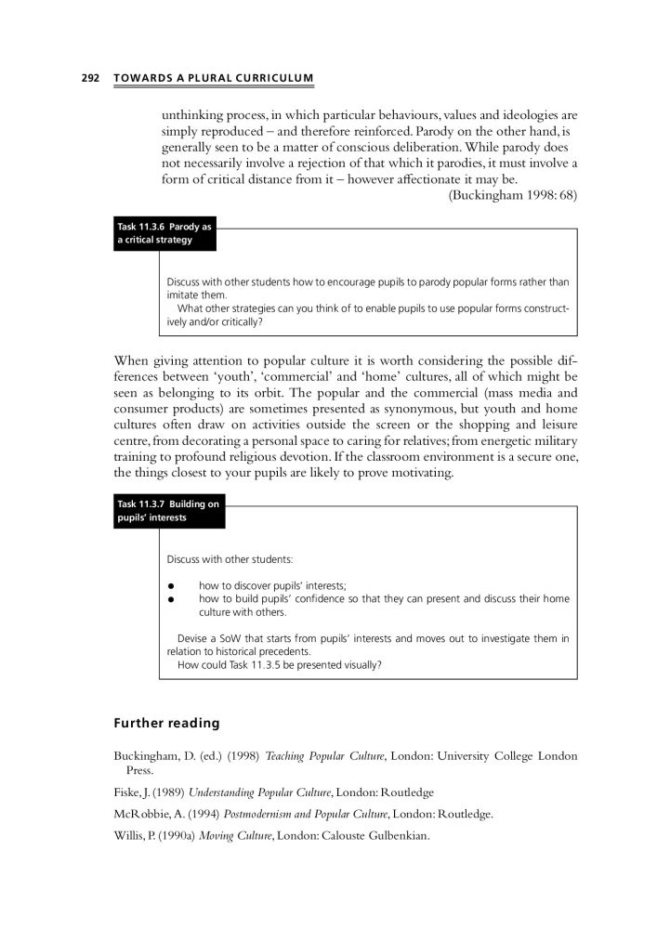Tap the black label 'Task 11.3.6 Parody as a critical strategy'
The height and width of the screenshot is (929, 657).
tap(164, 233)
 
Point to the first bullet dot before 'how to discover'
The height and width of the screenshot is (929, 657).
tap(172, 585)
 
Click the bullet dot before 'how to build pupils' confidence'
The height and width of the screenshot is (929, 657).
tap(172, 599)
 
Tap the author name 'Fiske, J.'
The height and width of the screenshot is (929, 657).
tap(134, 792)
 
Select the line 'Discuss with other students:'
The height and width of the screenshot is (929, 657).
tap(230, 559)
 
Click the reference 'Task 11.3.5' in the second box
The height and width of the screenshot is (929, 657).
tap(276, 664)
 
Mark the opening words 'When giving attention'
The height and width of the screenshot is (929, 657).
tap(176, 360)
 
